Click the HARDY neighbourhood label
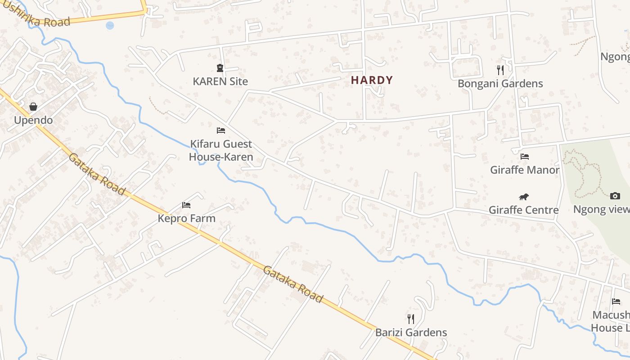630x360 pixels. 372,81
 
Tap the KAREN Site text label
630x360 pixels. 220,81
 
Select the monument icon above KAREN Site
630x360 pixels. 220,68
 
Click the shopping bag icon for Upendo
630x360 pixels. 33,107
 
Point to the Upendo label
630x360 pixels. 33,120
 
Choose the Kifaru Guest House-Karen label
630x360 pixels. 220,150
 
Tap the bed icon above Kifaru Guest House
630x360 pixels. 220,130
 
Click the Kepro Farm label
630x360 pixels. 186,218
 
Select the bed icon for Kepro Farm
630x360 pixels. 186,205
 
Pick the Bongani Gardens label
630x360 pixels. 500,84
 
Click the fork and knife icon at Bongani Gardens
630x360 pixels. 500,70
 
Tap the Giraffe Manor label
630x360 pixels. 524,170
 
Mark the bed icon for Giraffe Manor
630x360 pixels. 524,157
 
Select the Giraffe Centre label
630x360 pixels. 523,210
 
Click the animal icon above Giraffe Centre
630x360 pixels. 523,197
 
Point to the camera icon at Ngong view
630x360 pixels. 615,196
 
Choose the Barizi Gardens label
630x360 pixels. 411,333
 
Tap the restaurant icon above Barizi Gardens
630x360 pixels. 411,319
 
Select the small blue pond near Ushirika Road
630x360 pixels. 110,26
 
